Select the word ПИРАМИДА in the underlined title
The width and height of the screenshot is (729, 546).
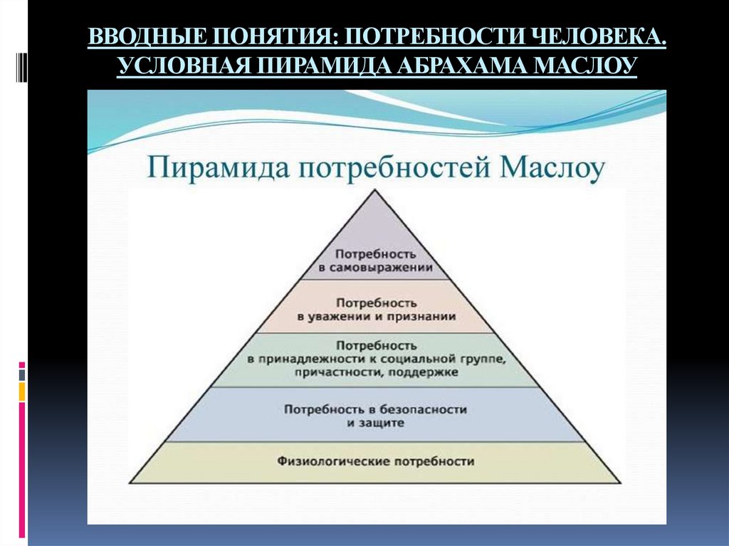click(x=306, y=66)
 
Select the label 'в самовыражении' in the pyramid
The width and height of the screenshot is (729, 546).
click(x=376, y=268)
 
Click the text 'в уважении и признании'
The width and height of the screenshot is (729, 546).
click(x=376, y=315)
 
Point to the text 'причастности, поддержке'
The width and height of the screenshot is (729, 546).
click(x=377, y=372)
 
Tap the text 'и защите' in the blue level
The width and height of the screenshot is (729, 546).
click(x=376, y=423)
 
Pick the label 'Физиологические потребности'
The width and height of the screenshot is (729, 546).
click(x=376, y=461)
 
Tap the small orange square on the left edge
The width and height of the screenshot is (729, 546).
click(x=22, y=391)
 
